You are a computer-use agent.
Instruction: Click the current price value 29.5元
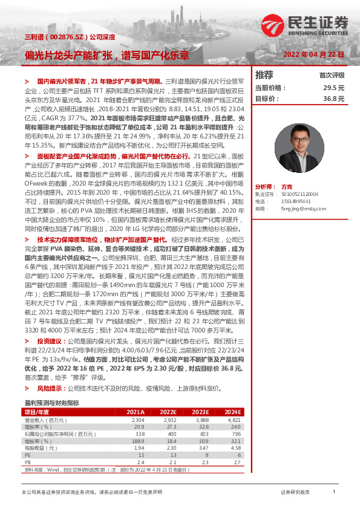click(x=333, y=88)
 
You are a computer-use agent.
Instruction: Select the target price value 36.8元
click(x=333, y=98)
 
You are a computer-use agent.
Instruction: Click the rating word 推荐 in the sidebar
click(x=264, y=75)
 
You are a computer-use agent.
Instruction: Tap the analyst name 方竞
click(x=287, y=187)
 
